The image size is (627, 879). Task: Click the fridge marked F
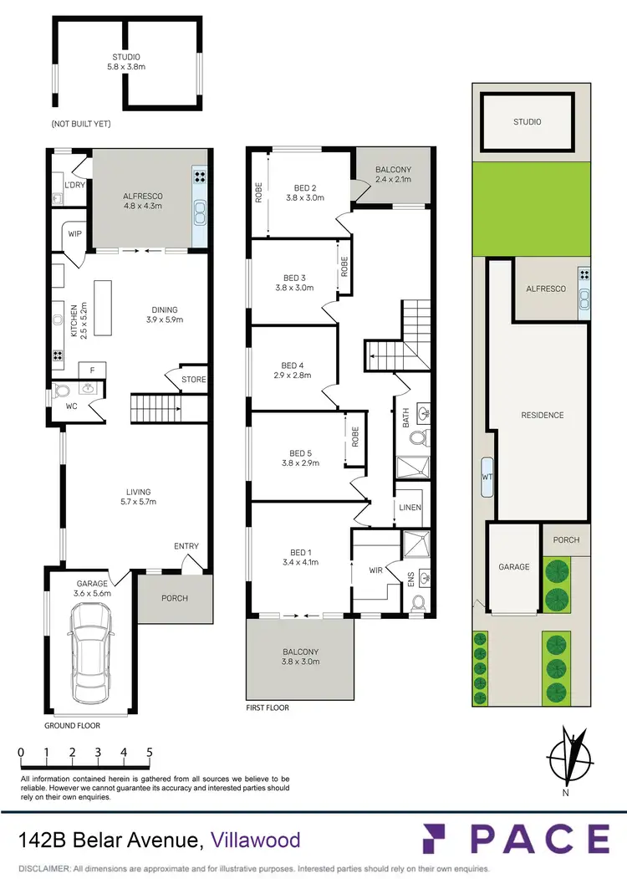point(90,371)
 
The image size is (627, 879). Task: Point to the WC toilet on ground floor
point(63,390)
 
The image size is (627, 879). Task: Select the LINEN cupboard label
point(410,508)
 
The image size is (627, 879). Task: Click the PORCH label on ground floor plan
point(175,598)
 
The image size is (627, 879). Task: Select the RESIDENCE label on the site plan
point(543,415)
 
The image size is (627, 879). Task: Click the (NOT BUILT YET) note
point(81,124)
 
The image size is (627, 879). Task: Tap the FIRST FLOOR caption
point(268,708)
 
